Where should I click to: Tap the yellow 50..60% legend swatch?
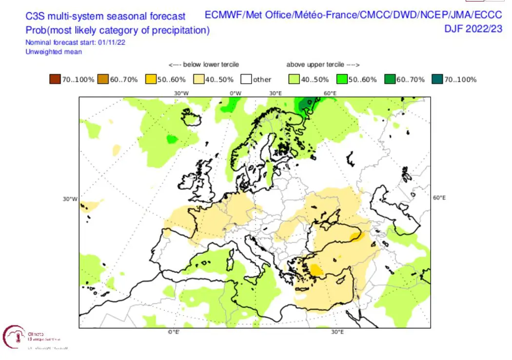point(150,79)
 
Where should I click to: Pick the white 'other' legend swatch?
point(246,79)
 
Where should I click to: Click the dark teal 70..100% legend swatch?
point(437,79)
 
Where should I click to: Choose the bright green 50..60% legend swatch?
point(341,79)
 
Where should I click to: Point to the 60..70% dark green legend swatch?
point(389,79)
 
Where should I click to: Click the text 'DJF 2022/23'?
point(473,29)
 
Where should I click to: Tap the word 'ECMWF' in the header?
point(223,15)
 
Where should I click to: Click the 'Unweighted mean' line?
point(54,52)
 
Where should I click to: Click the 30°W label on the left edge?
point(70,199)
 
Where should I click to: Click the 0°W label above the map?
point(236,93)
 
